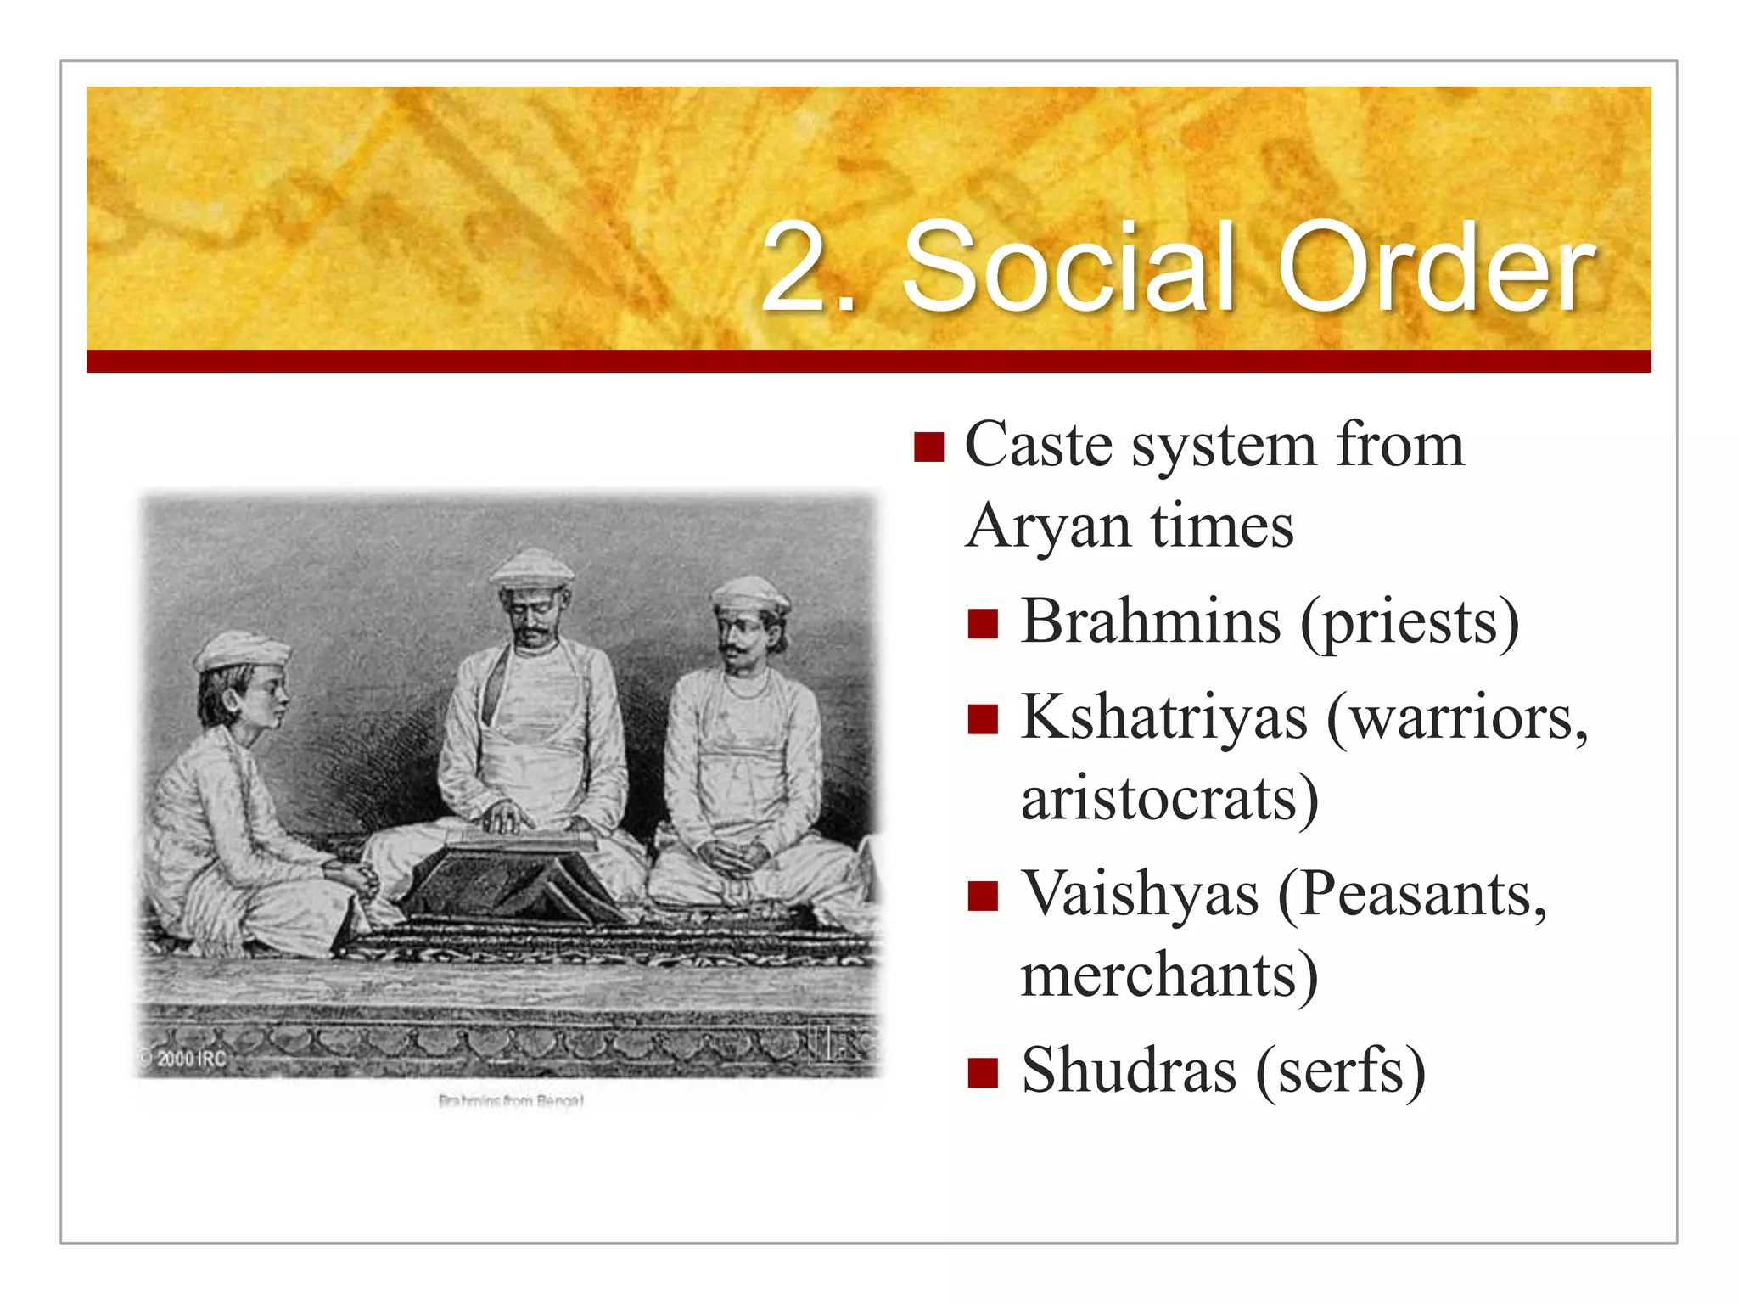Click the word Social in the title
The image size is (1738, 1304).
[1068, 268]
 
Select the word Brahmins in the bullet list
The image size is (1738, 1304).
[1151, 621]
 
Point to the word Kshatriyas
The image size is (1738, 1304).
[1164, 718]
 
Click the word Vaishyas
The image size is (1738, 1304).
[1140, 895]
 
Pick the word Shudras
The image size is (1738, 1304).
[1129, 1071]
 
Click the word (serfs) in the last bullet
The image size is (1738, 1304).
[1341, 1071]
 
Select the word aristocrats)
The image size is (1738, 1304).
[1169, 799]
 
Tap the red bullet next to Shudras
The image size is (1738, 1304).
[983, 1072]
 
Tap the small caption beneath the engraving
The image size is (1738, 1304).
[511, 1101]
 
